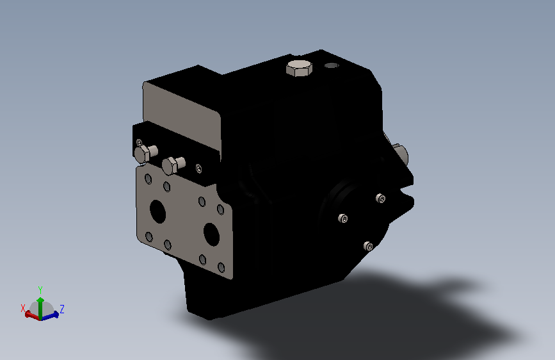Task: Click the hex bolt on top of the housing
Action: click(x=298, y=68)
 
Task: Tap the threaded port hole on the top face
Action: click(x=331, y=65)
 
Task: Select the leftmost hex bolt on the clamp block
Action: click(x=145, y=154)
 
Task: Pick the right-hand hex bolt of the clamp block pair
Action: click(x=172, y=165)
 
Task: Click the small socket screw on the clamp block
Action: click(x=198, y=168)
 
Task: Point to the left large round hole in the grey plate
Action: click(x=157, y=211)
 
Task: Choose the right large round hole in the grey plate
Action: click(x=212, y=234)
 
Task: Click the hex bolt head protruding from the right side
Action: click(x=401, y=154)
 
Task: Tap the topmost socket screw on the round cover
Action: click(x=382, y=199)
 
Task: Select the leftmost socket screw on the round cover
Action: click(x=344, y=219)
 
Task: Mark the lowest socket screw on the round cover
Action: click(x=368, y=246)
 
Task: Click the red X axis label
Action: click(x=24, y=307)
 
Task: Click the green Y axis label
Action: click(x=40, y=290)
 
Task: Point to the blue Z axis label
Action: click(x=62, y=309)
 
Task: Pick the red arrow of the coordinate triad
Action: click(x=31, y=315)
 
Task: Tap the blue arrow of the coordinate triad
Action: click(x=52, y=315)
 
